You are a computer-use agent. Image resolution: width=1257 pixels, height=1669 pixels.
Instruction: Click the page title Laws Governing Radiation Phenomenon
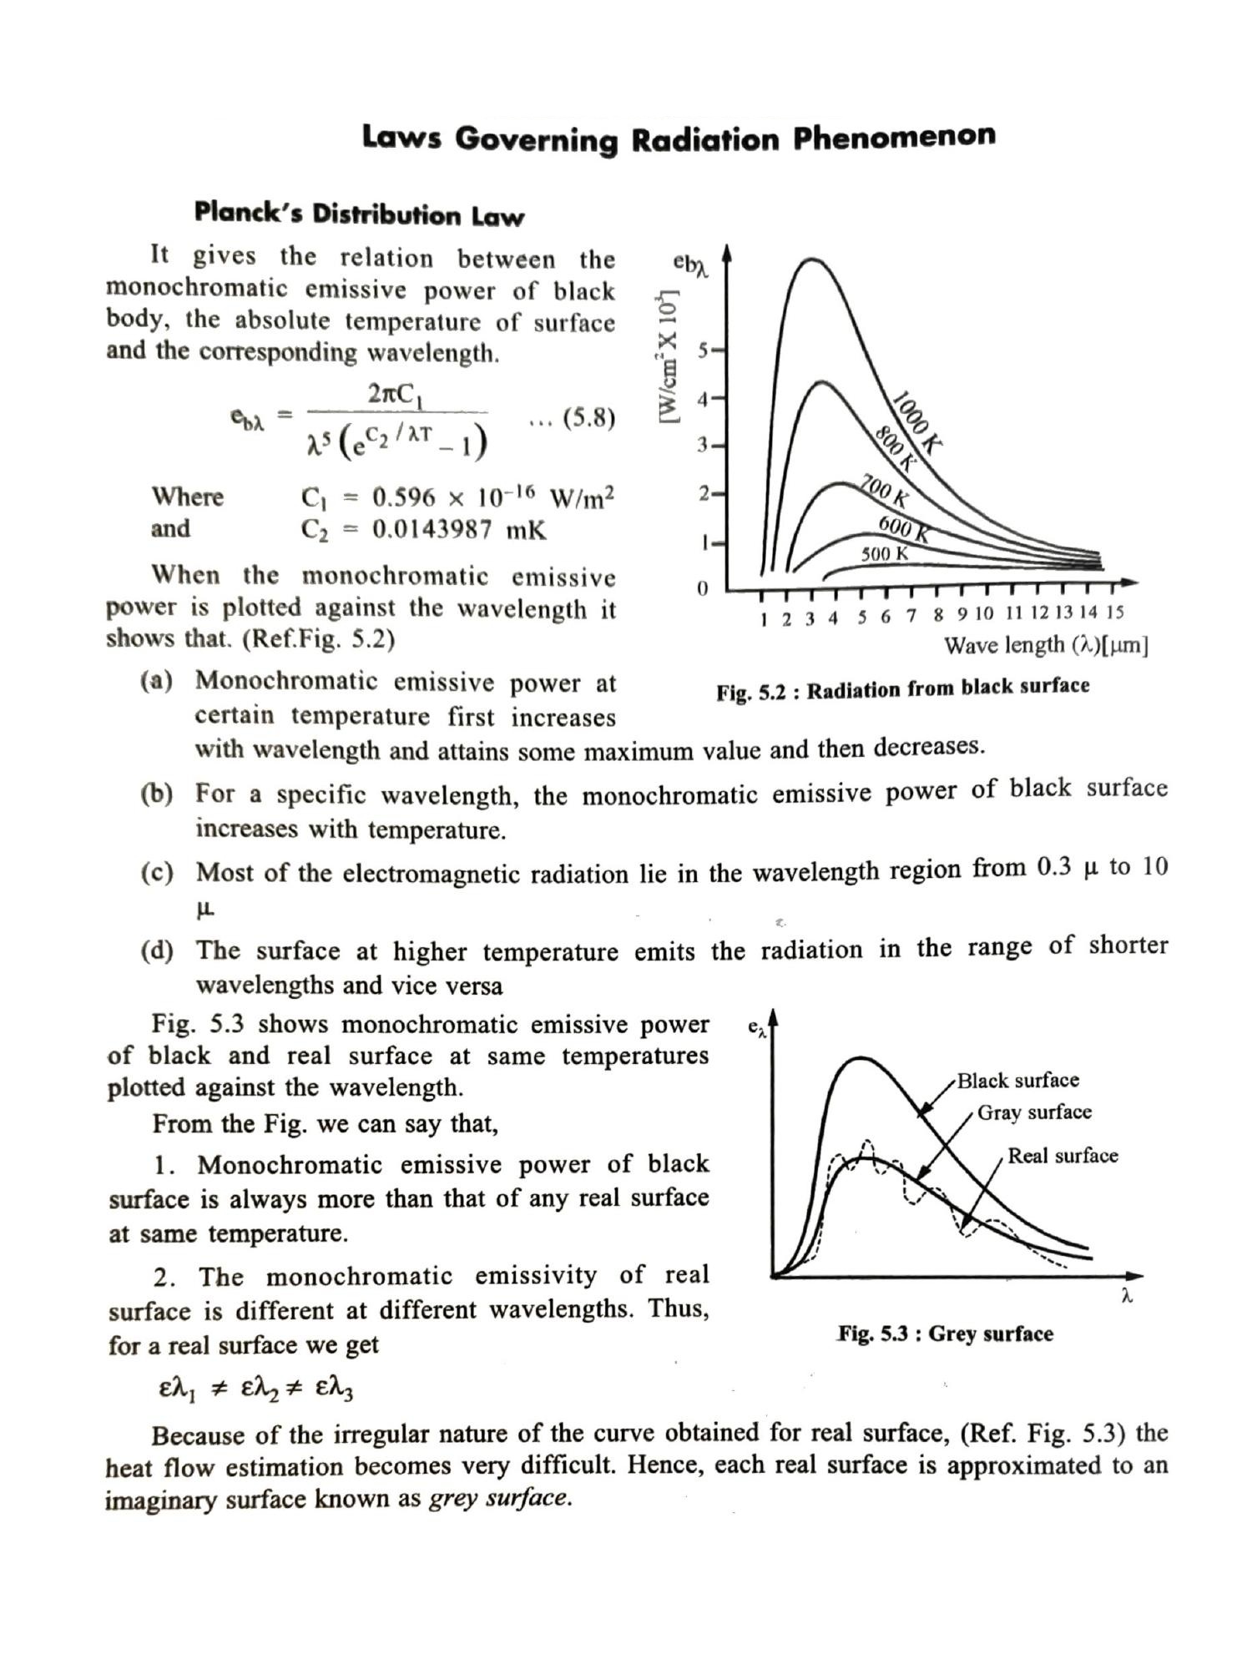tap(678, 138)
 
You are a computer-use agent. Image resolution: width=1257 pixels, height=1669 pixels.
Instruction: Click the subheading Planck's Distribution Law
tap(359, 214)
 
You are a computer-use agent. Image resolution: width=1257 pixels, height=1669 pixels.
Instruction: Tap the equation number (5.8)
tap(588, 416)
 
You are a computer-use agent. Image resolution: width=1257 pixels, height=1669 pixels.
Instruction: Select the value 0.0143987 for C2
tap(432, 529)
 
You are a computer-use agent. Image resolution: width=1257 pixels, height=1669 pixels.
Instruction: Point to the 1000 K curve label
tap(916, 421)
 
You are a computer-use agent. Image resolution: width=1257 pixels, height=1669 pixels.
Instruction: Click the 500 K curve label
tap(884, 553)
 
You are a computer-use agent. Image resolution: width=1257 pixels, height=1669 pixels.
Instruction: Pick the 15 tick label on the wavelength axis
tap(1114, 613)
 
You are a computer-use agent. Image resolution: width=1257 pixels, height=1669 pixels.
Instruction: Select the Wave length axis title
tap(1046, 645)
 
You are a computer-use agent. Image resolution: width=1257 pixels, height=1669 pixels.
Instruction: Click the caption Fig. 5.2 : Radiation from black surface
tap(902, 689)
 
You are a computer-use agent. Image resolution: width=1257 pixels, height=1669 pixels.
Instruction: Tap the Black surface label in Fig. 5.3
tap(1017, 1081)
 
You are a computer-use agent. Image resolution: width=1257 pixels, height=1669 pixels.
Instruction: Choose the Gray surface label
tap(1034, 1112)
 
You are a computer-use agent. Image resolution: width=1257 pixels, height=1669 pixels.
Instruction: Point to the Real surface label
tap(1063, 1156)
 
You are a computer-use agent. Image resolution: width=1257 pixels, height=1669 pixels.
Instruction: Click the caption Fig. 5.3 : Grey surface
tap(945, 1334)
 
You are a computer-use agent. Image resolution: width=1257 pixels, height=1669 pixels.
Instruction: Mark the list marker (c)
tap(157, 873)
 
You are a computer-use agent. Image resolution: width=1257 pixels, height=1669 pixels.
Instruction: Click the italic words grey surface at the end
tap(499, 1499)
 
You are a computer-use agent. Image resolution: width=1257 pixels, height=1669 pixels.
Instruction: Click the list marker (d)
tap(157, 950)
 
